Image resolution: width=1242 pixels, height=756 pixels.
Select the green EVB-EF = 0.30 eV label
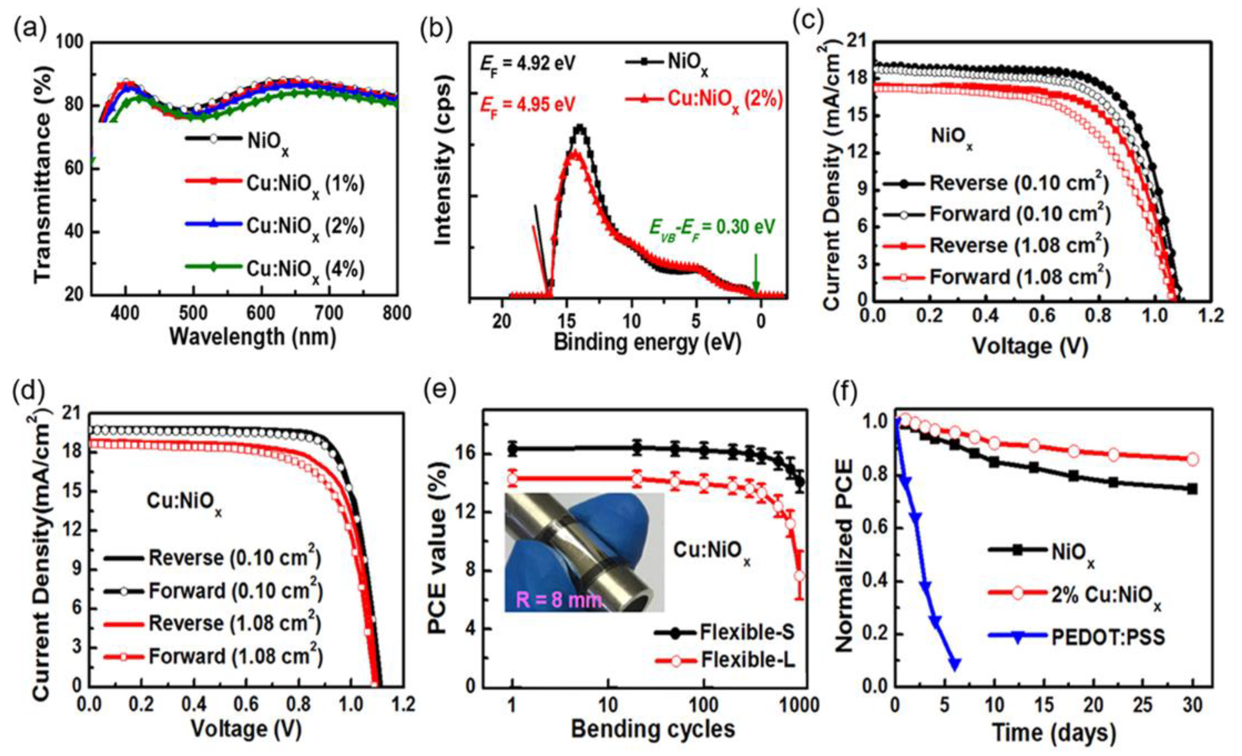[712, 228]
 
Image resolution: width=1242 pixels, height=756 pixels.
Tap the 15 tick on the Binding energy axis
[567, 321]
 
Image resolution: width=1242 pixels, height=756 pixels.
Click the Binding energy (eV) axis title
[647, 343]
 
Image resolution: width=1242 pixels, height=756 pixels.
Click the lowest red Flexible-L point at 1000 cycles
[799, 576]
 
